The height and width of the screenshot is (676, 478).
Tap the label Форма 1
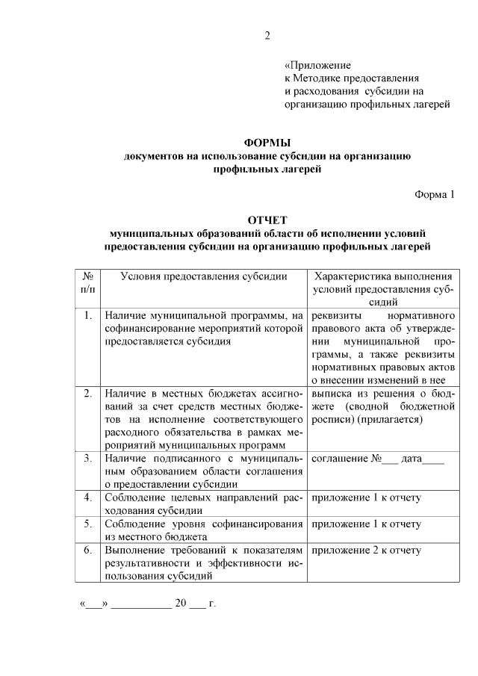point(434,195)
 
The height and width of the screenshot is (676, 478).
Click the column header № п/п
point(87,282)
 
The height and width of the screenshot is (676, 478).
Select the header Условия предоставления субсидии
point(203,276)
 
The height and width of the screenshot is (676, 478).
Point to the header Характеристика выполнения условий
point(383,276)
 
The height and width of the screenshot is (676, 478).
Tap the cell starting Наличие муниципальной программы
point(203,328)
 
